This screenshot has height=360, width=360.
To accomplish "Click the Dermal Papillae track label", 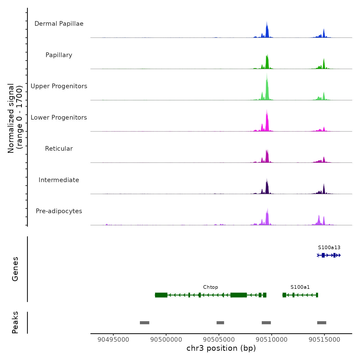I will tap(59, 24).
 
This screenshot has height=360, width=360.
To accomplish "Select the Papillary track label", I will tap(59, 55).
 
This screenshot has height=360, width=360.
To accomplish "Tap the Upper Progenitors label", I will tap(59, 86).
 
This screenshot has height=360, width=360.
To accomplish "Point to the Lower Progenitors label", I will tap(59, 118).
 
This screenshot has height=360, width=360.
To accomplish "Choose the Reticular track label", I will tap(59, 149).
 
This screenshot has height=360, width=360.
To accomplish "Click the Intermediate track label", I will tap(59, 180).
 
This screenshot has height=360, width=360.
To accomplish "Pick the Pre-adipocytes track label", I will tap(59, 211).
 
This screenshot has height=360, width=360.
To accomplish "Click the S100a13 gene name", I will tap(329, 248).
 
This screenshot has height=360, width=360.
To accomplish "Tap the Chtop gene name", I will tap(210, 287).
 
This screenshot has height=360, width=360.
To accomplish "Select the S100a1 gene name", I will tap(300, 287).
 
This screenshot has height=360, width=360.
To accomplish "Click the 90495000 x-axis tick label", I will tap(113, 340).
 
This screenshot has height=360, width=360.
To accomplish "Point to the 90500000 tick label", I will tap(166, 340).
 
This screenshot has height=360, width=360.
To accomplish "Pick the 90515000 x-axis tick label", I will tap(324, 340).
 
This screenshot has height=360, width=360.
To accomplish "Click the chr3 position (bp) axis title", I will tap(221, 348).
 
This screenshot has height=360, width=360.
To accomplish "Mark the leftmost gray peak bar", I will tap(145, 323).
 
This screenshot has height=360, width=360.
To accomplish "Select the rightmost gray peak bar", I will tap(322, 323).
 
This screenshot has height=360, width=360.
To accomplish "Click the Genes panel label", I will tap(15, 269).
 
